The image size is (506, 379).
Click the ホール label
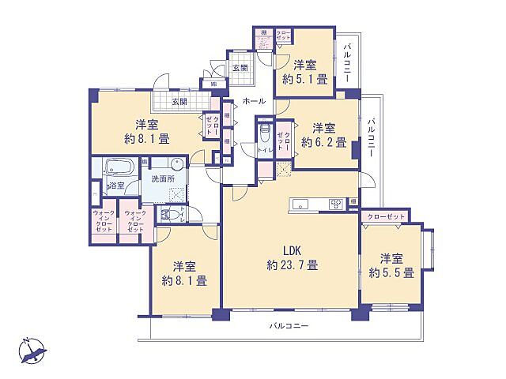(254, 102)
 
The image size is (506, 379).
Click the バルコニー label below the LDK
(288, 326)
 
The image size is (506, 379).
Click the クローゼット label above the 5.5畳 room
(387, 216)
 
